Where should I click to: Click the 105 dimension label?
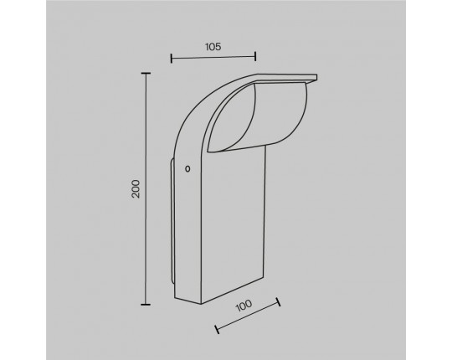(x=213, y=46)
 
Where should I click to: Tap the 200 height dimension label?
(x=136, y=189)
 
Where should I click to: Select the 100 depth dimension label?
(x=244, y=306)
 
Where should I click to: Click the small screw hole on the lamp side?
(x=187, y=168)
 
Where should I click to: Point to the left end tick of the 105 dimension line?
(x=172, y=59)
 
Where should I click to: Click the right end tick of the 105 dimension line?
(x=255, y=56)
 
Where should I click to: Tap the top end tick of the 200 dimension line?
(x=146, y=74)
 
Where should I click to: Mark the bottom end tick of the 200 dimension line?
(x=146, y=304)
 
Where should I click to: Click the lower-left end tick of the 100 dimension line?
(x=217, y=329)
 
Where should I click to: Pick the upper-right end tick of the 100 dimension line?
(x=278, y=301)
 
